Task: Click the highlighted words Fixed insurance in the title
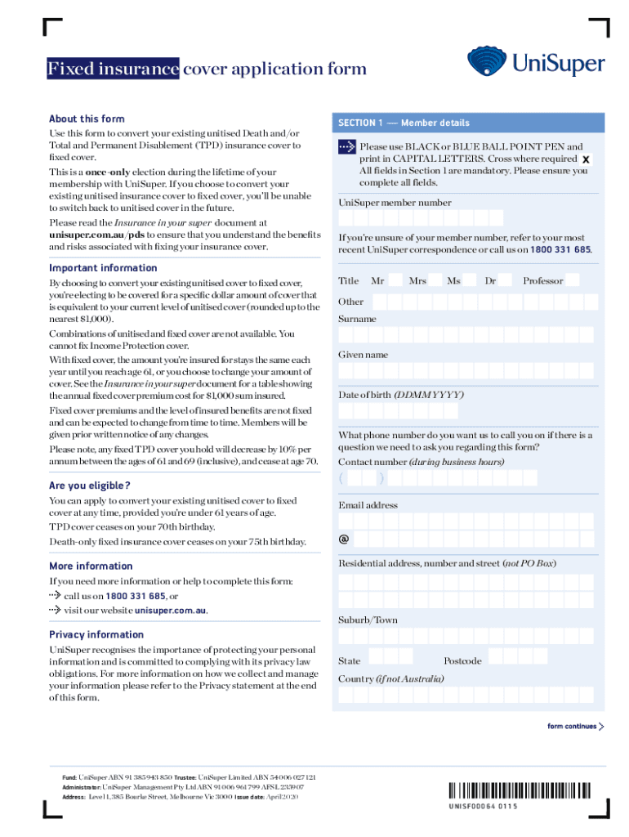(113, 69)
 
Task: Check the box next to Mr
(395, 280)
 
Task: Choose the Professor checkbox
(572, 280)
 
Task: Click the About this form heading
(87, 119)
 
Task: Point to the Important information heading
(103, 268)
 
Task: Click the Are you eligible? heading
(90, 486)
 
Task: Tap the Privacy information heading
(96, 634)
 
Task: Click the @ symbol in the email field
(344, 539)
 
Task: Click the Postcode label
(462, 660)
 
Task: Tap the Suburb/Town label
(368, 620)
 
